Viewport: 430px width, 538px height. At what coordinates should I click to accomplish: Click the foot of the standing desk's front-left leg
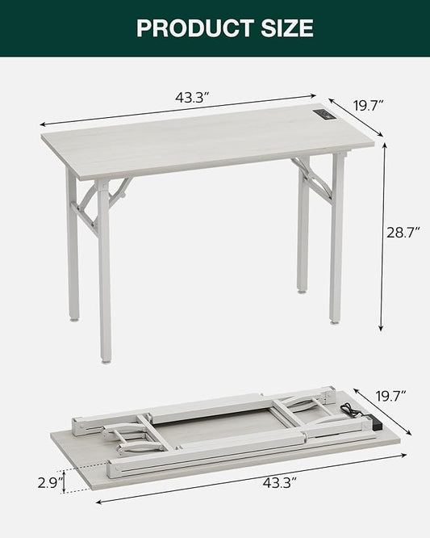click(x=105, y=358)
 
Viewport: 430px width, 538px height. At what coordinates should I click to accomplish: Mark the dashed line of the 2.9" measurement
click(x=66, y=481)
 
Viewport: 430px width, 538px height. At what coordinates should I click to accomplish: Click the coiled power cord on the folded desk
click(x=349, y=412)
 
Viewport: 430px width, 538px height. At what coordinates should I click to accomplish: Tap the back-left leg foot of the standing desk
click(x=74, y=317)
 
